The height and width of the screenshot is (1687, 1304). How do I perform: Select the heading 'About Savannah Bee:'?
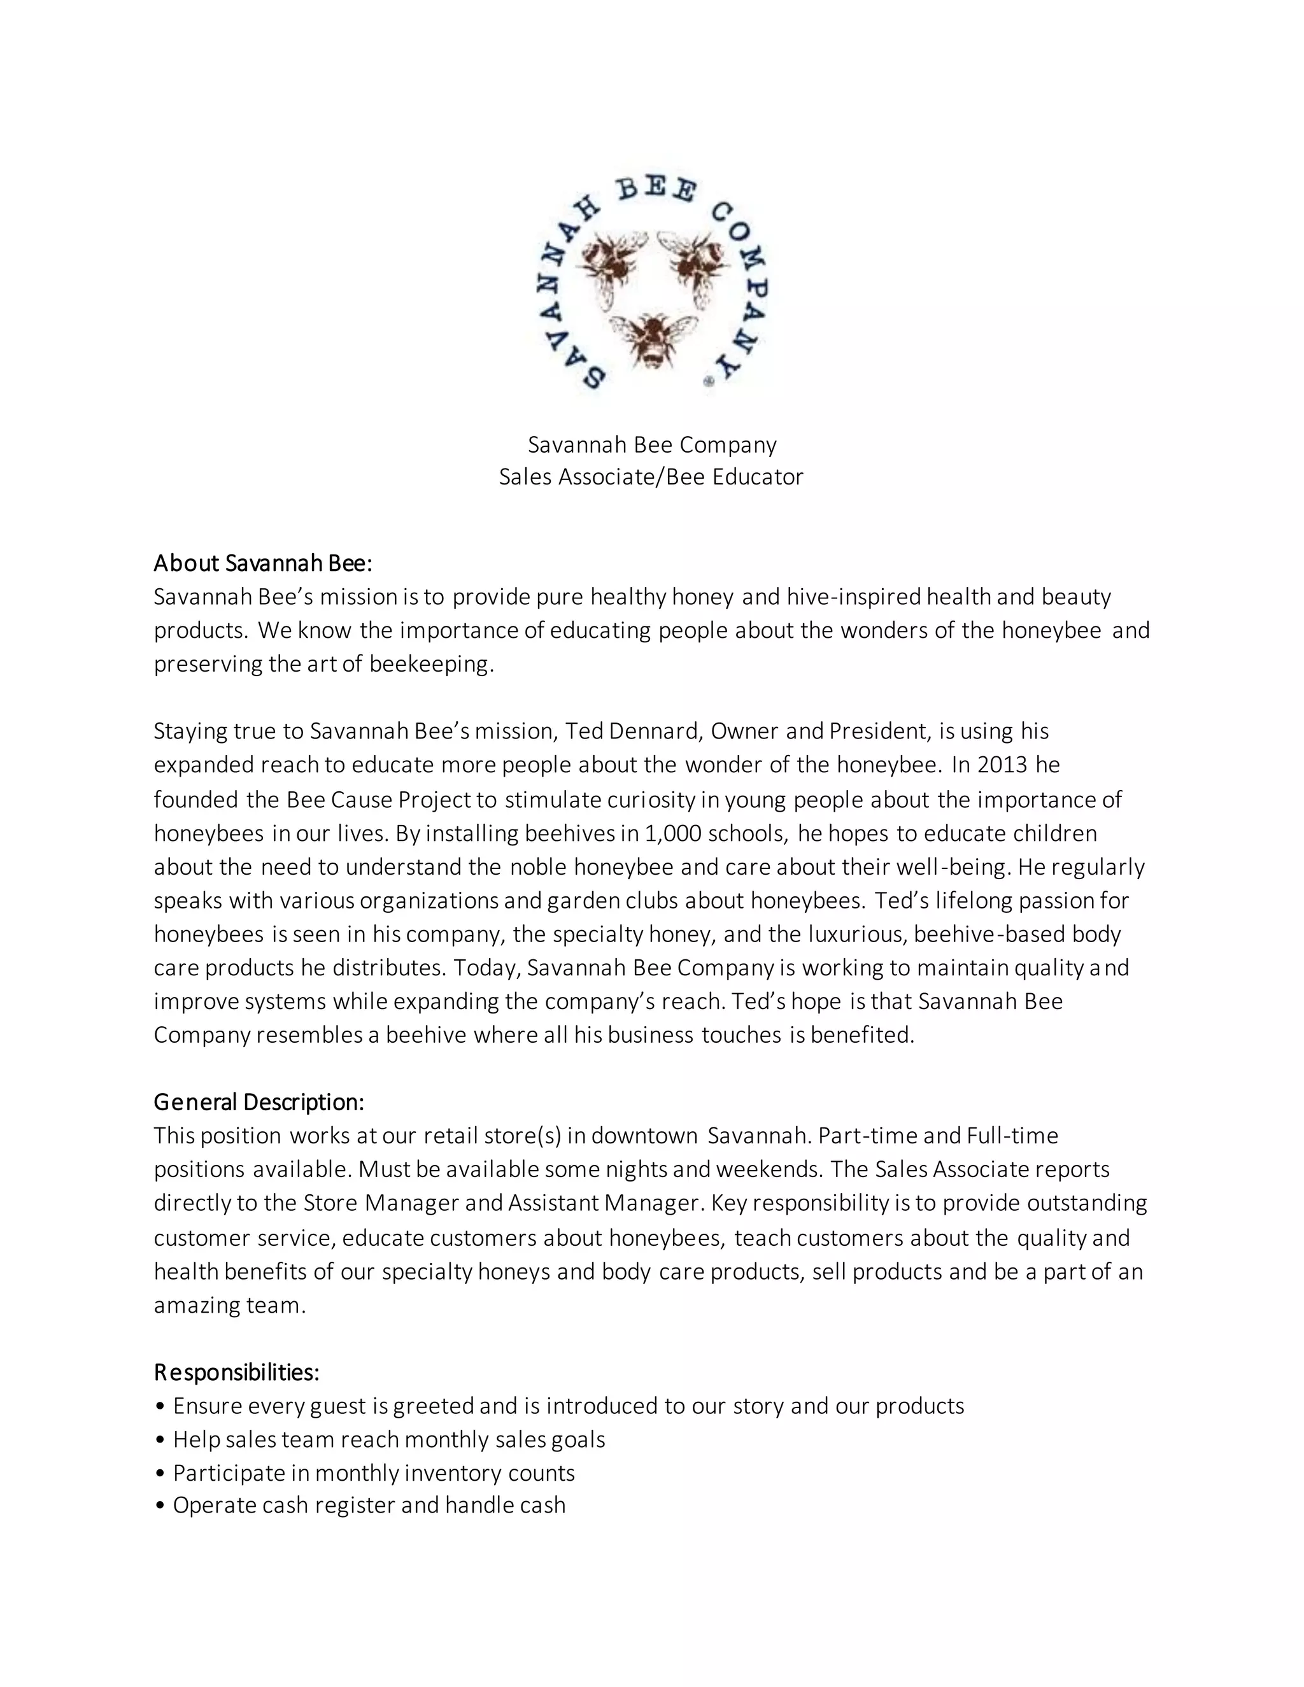pos(263,563)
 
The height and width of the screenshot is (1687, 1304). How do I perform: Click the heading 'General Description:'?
pos(259,1101)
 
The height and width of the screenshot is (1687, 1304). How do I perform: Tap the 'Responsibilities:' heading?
pos(236,1373)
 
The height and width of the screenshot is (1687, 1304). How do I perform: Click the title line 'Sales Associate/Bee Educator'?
pos(651,477)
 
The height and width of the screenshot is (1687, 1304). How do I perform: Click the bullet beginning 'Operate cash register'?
pos(369,1506)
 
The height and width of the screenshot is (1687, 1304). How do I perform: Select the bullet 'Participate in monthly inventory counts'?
pos(374,1473)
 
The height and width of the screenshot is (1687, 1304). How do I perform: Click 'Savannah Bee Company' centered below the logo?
pos(652,444)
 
